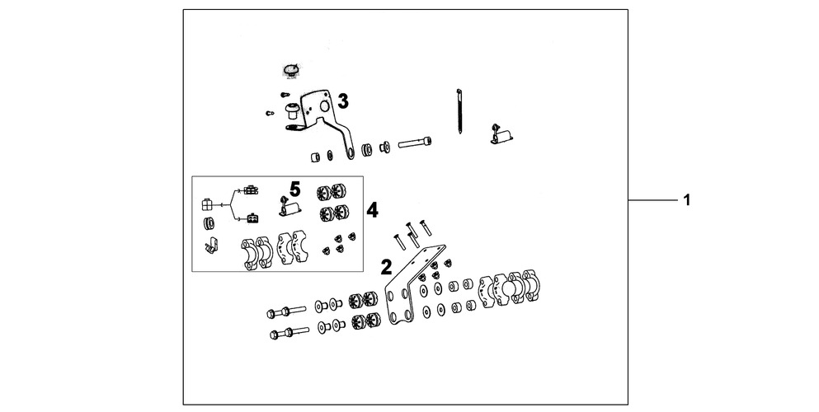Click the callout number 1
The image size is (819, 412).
pos(685,201)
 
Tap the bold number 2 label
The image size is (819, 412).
pos(385,266)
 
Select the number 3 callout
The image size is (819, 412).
pos(343,101)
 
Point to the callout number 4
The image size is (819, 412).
pos(372,210)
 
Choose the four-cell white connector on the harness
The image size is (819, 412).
pos(207,203)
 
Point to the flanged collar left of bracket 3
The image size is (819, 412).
pos(290,110)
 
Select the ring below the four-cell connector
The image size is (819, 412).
pos(208,224)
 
